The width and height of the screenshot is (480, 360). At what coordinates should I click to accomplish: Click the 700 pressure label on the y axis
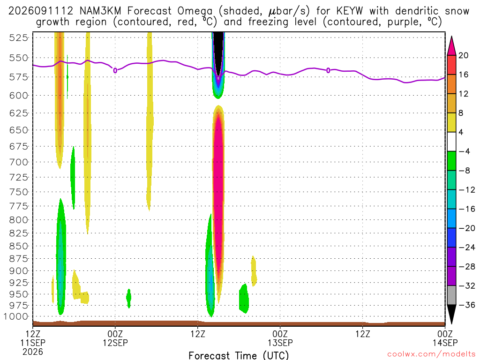[19, 162]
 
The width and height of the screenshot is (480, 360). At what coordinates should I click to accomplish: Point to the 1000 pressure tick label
[16, 316]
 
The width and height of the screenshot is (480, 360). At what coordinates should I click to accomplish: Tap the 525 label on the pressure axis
[19, 37]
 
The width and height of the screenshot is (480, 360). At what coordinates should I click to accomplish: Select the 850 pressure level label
[19, 246]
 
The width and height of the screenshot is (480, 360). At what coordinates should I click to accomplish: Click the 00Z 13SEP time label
[280, 338]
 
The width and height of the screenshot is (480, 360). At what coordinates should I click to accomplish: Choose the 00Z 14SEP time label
[445, 338]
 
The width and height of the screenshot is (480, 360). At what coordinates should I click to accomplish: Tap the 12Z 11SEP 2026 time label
[33, 343]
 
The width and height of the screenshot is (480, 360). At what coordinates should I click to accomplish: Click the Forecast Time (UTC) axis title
[239, 355]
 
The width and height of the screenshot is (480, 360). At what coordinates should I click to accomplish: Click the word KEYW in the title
[349, 11]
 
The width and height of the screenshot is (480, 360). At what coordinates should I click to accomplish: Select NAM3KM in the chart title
[100, 11]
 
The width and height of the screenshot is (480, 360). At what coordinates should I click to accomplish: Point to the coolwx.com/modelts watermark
[431, 354]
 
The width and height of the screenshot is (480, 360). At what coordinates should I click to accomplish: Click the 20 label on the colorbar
[463, 55]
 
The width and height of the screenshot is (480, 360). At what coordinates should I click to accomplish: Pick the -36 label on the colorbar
[467, 305]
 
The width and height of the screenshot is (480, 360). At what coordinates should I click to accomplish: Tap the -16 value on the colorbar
[467, 209]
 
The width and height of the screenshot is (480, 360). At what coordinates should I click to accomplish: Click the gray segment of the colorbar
[451, 295]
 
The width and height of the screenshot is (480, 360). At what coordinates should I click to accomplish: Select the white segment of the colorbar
[451, 142]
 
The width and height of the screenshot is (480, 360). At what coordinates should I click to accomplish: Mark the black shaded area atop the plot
[218, 52]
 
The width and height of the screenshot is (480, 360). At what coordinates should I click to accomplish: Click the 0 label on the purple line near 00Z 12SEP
[115, 70]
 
